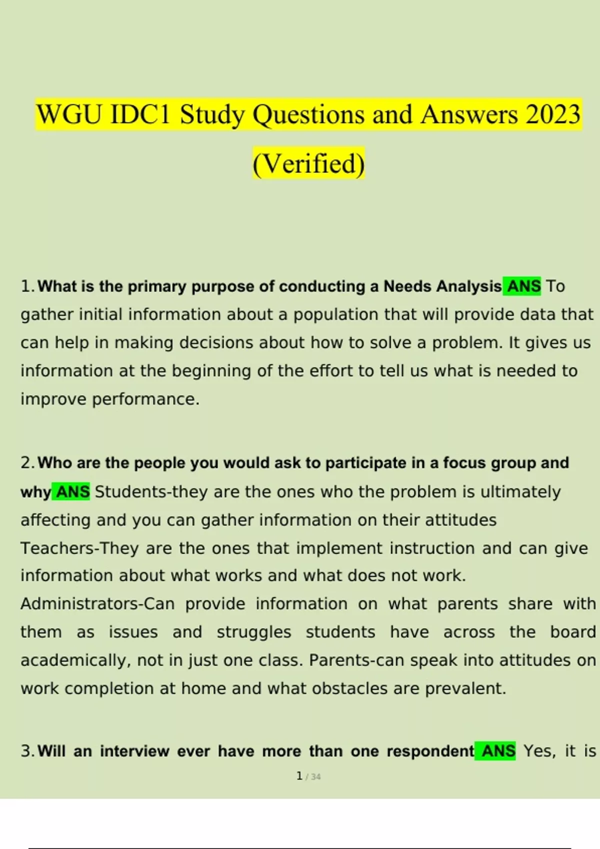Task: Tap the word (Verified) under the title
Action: pyautogui.click(x=308, y=163)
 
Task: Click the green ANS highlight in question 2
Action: pyautogui.click(x=72, y=492)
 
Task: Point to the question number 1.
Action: pyautogui.click(x=26, y=286)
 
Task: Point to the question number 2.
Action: pyautogui.click(x=26, y=463)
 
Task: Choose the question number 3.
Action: pyautogui.click(x=26, y=751)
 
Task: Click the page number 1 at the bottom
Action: pyautogui.click(x=299, y=776)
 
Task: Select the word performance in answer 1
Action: pyautogui.click(x=145, y=399)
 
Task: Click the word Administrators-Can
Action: pyautogui.click(x=97, y=604)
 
